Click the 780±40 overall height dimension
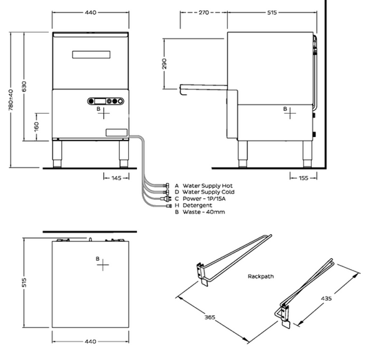pyautogui.click(x=11, y=100)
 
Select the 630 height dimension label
pyautogui.click(x=24, y=87)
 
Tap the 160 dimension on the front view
pyautogui.click(x=36, y=127)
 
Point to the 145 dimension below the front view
pyautogui.click(x=116, y=178)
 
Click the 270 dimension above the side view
pyautogui.click(x=204, y=12)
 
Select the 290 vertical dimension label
pyautogui.click(x=165, y=63)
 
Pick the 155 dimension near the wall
pyautogui.click(x=304, y=178)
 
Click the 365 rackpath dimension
pyautogui.click(x=210, y=317)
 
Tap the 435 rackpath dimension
pyautogui.click(x=326, y=298)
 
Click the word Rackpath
pyautogui.click(x=261, y=276)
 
